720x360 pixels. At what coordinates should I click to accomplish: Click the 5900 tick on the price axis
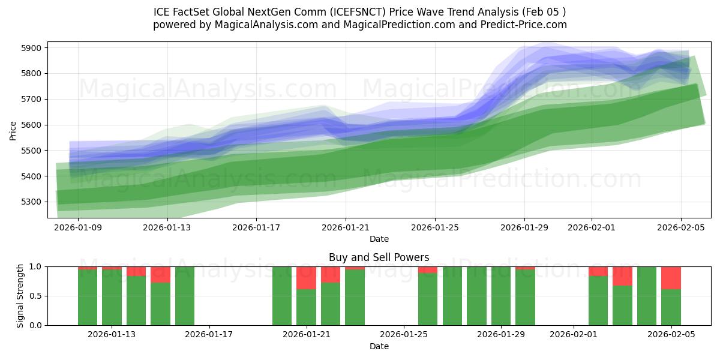click(31, 48)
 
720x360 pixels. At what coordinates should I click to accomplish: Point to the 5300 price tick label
click(31, 202)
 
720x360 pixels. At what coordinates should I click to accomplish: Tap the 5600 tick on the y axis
click(31, 125)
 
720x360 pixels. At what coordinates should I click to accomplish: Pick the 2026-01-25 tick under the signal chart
click(404, 335)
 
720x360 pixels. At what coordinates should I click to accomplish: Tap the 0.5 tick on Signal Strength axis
click(36, 296)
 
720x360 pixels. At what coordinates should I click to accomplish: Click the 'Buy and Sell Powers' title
click(379, 257)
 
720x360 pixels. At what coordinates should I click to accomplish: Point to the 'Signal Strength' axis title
click(20, 296)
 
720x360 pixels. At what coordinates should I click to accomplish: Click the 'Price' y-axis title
click(13, 130)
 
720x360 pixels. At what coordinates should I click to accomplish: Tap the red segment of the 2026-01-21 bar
click(306, 277)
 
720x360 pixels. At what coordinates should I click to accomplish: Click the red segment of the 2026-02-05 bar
click(671, 277)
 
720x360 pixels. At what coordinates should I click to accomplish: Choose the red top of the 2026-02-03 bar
click(622, 275)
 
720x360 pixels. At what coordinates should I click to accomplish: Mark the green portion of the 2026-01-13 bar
click(112, 297)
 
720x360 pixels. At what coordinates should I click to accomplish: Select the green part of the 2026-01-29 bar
click(525, 297)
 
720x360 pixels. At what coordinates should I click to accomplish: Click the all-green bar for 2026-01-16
click(185, 296)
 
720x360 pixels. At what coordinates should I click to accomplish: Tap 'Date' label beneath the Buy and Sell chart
click(379, 346)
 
